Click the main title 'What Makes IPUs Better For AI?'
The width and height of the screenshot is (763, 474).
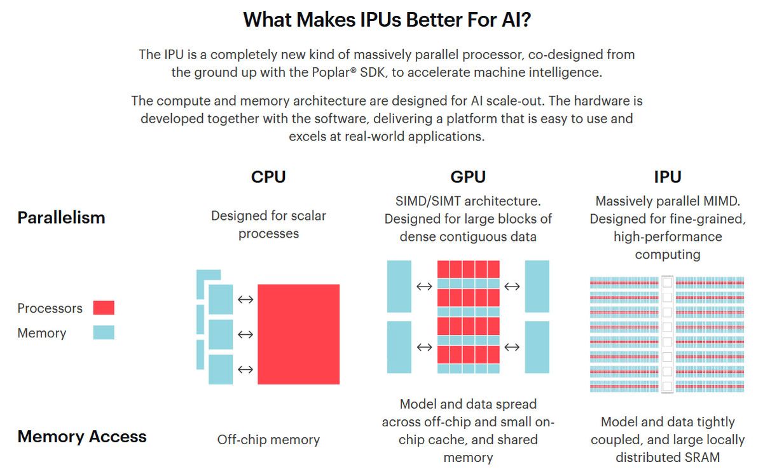pos(387,20)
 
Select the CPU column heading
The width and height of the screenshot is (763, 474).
pos(268,177)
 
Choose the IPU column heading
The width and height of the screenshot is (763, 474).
pos(667,177)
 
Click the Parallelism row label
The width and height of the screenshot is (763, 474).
pos(61,217)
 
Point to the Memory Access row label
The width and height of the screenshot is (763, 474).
pos(82,437)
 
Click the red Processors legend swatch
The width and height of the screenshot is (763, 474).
pos(104,308)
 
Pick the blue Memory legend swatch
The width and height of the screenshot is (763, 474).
pos(104,332)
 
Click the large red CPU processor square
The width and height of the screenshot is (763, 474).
pos(298,334)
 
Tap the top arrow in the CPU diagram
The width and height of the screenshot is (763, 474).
pos(245,299)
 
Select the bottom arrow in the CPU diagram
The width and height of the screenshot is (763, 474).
pos(245,369)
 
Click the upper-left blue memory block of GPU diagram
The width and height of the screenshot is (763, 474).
pos(399,286)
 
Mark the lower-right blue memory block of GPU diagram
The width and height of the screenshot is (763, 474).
pos(537,347)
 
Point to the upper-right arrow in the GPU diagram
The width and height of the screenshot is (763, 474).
pos(512,287)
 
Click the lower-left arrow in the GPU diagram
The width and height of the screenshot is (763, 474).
pos(424,347)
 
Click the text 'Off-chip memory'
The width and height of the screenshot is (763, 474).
pos(268,439)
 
